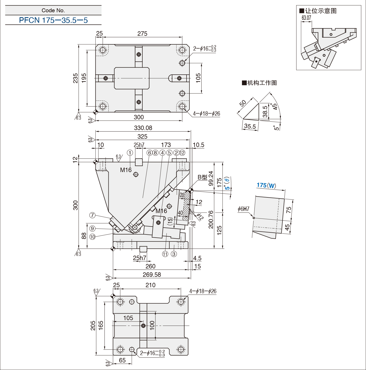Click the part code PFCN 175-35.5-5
click(x=53, y=20)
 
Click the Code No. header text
click(x=53, y=10)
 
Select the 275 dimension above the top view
click(x=142, y=34)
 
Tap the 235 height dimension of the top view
click(x=75, y=78)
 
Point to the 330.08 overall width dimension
click(x=143, y=128)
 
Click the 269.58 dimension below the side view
click(x=152, y=275)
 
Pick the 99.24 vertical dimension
click(x=211, y=178)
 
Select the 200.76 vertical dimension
click(x=211, y=220)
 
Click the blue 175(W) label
click(x=266, y=185)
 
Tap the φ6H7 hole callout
click(x=243, y=209)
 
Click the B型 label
click(x=202, y=177)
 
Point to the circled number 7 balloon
click(x=92, y=215)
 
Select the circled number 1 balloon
click(x=130, y=153)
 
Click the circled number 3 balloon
click(x=174, y=254)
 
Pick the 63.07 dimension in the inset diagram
click(x=306, y=18)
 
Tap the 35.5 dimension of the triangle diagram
click(x=250, y=126)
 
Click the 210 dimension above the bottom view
click(x=150, y=285)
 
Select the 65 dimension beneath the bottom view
click(x=122, y=360)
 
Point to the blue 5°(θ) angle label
click(x=227, y=183)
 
